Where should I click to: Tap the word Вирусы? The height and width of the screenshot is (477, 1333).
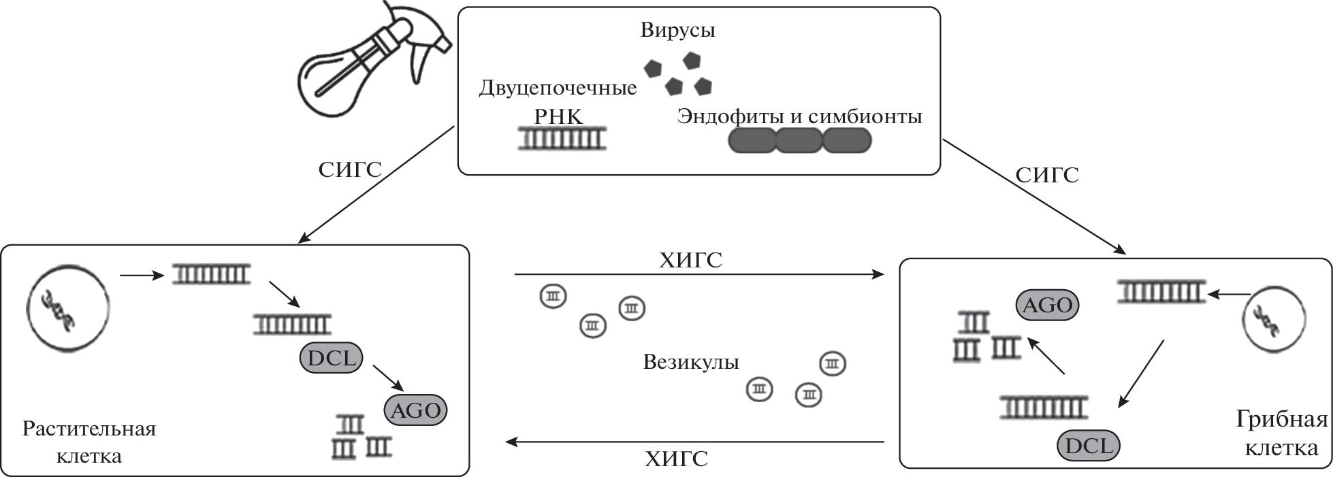677,30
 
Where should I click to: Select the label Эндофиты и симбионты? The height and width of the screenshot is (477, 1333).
799,116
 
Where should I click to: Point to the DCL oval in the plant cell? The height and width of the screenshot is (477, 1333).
332,359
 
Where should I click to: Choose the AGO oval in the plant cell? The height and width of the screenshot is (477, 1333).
416,410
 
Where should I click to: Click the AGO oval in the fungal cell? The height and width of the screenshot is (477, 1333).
1048,306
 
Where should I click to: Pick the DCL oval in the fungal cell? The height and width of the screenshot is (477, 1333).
1088,446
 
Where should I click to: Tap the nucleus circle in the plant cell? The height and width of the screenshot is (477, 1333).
68,307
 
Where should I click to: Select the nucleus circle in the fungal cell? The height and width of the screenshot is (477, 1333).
1274,320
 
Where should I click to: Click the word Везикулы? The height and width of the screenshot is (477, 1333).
690,362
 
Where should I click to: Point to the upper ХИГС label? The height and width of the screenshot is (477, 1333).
690,260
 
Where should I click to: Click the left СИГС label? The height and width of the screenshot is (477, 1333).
350,169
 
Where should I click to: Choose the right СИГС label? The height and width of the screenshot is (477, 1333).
1047,176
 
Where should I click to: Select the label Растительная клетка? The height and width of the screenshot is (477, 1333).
89,442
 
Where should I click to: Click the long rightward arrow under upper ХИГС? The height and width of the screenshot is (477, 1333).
698,274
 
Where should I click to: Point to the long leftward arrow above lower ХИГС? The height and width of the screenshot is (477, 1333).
694,442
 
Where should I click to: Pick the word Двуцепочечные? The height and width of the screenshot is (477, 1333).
558,88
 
